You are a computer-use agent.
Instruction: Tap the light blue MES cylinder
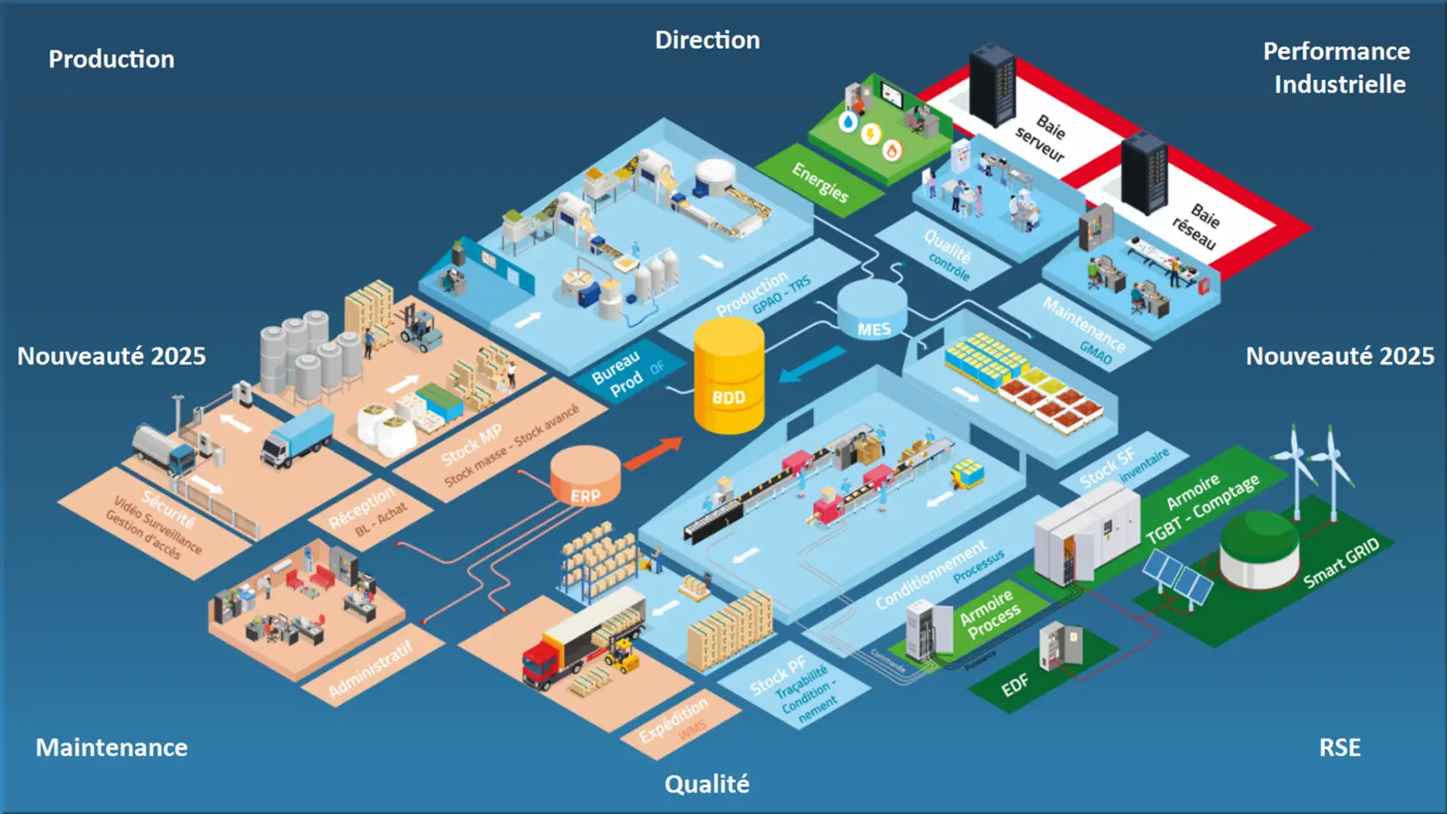click(872, 312)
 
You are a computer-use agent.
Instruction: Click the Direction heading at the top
click(706, 40)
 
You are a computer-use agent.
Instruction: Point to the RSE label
click(1339, 747)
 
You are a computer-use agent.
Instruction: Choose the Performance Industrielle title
click(1336, 67)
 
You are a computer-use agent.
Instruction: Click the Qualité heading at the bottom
click(706, 783)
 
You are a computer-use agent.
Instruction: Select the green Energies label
click(820, 182)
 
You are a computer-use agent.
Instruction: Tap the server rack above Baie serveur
click(992, 85)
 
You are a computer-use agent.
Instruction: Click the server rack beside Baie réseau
click(1144, 173)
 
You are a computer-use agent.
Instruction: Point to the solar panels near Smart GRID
click(1176, 576)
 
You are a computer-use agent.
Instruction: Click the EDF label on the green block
click(1014, 685)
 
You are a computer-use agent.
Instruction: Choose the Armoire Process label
click(989, 612)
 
